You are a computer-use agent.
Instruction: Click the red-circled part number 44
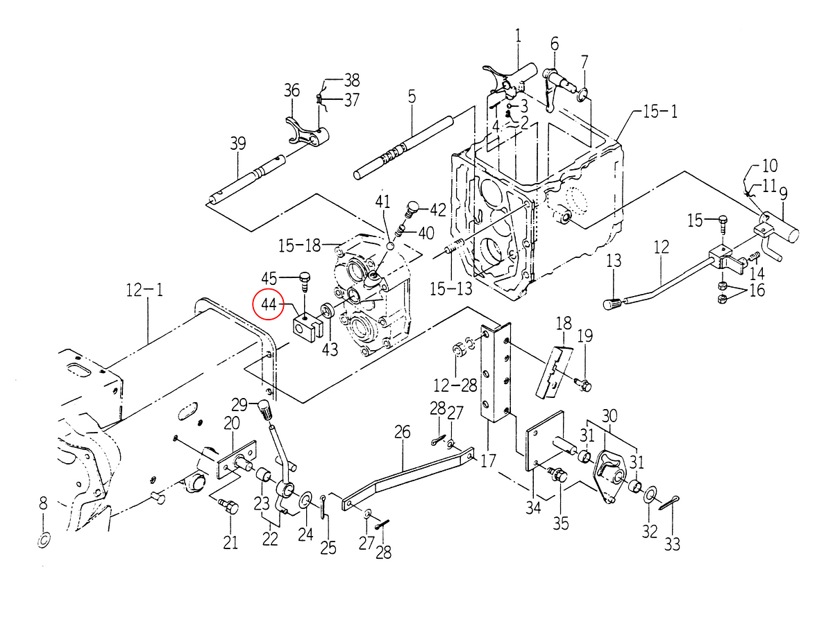(269, 304)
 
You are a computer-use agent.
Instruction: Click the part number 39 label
(238, 144)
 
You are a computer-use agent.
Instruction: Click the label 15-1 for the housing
(660, 112)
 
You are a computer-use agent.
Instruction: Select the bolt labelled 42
(412, 210)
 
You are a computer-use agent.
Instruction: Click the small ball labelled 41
(391, 246)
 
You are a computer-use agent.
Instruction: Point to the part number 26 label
(402, 431)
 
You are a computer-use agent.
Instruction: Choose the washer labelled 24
(306, 500)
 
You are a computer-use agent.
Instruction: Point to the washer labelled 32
(650, 495)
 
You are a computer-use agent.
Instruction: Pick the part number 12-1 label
(144, 291)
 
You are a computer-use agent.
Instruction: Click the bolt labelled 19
(583, 385)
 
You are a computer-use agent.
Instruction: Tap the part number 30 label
(609, 417)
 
